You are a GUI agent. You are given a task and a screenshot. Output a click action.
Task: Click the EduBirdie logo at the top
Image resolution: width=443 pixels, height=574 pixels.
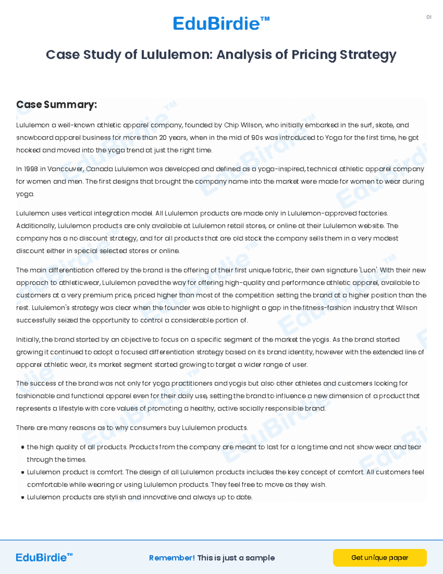pyautogui.click(x=221, y=24)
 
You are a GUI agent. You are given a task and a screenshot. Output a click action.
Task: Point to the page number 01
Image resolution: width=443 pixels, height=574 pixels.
pyautogui.click(x=429, y=17)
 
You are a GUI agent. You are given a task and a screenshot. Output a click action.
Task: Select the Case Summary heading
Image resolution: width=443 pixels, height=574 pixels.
pyautogui.click(x=56, y=105)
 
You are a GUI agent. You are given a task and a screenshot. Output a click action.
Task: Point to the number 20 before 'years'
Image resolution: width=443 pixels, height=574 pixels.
pyautogui.click(x=163, y=137)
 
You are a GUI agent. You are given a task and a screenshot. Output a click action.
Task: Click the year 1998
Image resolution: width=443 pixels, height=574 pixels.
pyautogui.click(x=31, y=169)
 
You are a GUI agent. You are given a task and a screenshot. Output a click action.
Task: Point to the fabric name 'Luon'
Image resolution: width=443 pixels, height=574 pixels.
pyautogui.click(x=368, y=270)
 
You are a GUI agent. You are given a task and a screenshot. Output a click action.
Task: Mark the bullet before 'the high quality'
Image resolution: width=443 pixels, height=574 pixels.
pyautogui.click(x=23, y=447)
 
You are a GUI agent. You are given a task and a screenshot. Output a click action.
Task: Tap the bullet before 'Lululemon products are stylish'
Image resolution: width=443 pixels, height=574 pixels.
pyautogui.click(x=23, y=497)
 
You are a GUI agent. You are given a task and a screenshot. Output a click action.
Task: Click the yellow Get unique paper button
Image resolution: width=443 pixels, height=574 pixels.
pyautogui.click(x=380, y=558)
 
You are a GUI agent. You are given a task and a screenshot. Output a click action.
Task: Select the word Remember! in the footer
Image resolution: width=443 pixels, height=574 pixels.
pyautogui.click(x=172, y=558)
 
